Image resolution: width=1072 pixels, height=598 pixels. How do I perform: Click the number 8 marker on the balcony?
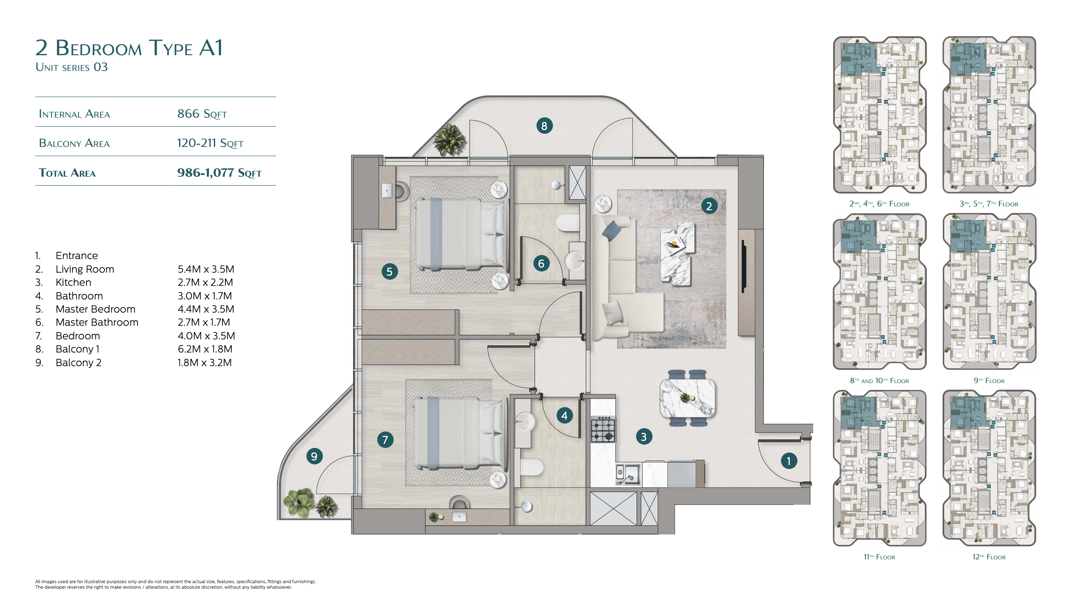point(544,126)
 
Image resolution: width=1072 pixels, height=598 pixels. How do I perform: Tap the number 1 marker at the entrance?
point(789,461)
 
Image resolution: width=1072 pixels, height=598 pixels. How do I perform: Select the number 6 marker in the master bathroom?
point(541,263)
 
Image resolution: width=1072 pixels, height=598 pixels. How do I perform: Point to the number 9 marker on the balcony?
point(314,456)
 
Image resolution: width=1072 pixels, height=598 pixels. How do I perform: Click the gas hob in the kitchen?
point(603,430)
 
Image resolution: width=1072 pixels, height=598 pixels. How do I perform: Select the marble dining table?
point(687,398)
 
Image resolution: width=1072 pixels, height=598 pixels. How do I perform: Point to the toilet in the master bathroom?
point(568,223)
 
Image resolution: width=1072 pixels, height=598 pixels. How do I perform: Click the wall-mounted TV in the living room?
point(744,266)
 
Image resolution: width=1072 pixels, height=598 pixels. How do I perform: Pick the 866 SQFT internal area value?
point(202,114)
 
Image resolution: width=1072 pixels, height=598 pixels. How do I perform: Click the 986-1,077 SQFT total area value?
point(219,173)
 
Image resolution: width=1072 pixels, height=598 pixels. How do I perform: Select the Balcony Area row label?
point(74,143)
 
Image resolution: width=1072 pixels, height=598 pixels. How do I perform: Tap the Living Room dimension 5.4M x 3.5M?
point(206,269)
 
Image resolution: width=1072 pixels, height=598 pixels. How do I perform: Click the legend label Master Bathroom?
point(97,322)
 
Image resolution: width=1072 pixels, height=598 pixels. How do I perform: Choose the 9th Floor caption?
point(989,381)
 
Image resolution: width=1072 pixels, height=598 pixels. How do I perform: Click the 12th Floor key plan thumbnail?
point(989,468)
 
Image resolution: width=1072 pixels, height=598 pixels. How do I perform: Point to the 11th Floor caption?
point(879,557)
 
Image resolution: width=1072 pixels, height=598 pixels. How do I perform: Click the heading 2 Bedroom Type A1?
point(129,48)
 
